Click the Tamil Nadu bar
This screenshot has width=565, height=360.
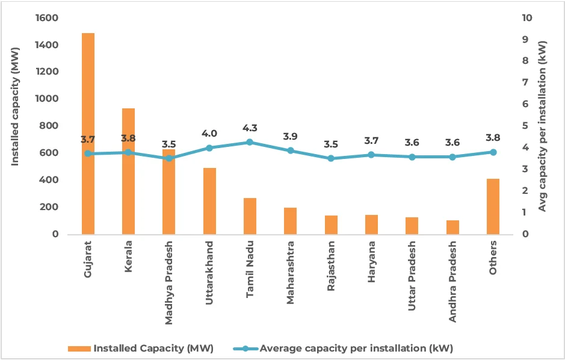point(250,216)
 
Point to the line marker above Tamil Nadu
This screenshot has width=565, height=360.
point(250,142)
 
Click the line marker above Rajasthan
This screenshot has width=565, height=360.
point(331,158)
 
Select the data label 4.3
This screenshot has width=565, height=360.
point(250,128)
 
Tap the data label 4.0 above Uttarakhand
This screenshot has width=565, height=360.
point(209,134)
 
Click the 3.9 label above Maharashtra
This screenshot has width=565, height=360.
point(290,136)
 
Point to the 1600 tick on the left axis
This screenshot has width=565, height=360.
point(47,18)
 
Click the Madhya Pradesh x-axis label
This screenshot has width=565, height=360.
point(169,283)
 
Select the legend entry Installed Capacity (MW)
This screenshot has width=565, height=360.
point(142,349)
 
